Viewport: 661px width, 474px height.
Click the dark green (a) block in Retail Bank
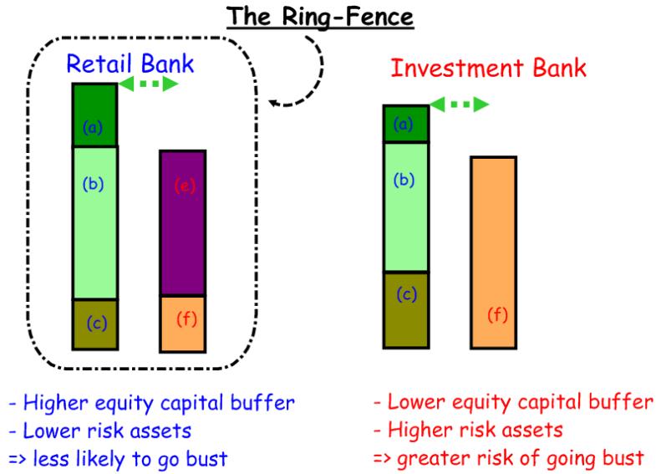pos(94,115)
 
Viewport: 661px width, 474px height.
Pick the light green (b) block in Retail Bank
pos(94,222)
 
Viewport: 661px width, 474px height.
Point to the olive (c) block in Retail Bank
pos(94,324)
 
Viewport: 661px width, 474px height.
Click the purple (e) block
pos(181,223)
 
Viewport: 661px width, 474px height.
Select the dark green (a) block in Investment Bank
pos(405,124)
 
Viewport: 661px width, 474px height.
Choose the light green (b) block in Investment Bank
pos(405,206)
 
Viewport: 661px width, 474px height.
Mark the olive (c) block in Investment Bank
pos(405,308)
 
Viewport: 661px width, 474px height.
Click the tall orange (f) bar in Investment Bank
pos(493,252)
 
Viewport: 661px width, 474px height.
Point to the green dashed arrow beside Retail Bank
pos(148,84)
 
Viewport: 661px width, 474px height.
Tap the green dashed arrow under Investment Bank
pos(459,104)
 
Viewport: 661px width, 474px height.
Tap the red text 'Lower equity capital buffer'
pos(513,403)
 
